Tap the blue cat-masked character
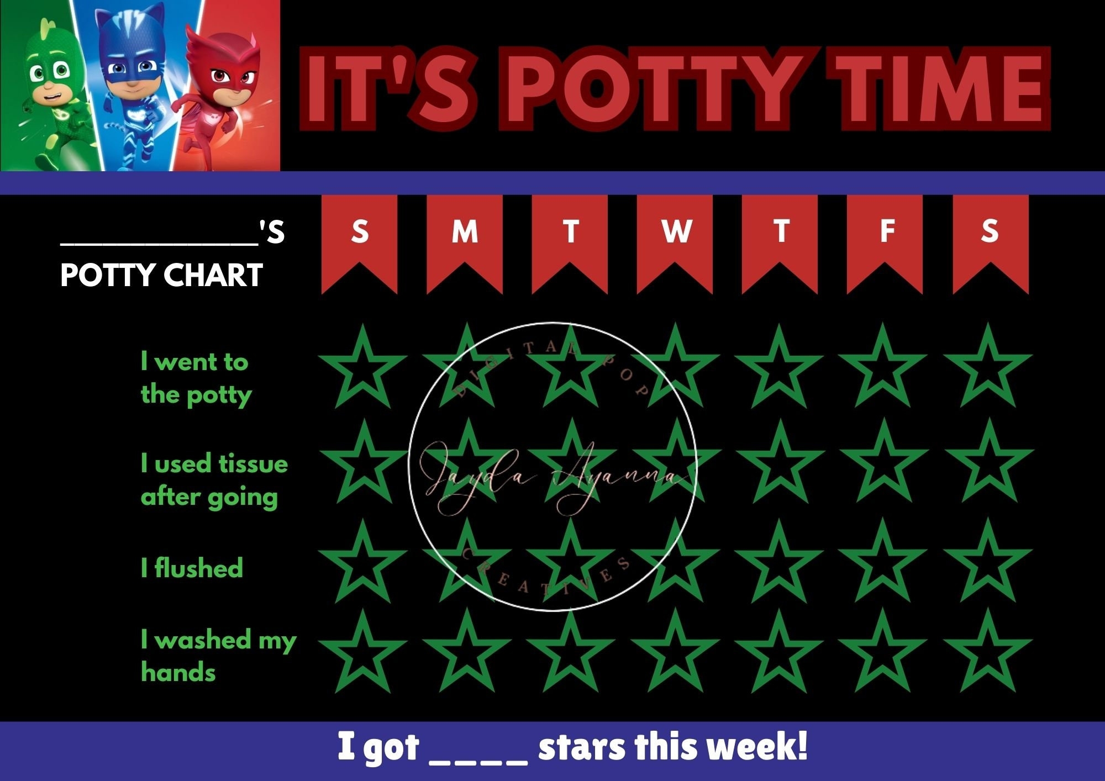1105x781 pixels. coord(131,83)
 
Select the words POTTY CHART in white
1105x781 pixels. coord(161,275)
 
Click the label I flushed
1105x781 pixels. coord(192,568)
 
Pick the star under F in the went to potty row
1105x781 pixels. coord(883,369)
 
